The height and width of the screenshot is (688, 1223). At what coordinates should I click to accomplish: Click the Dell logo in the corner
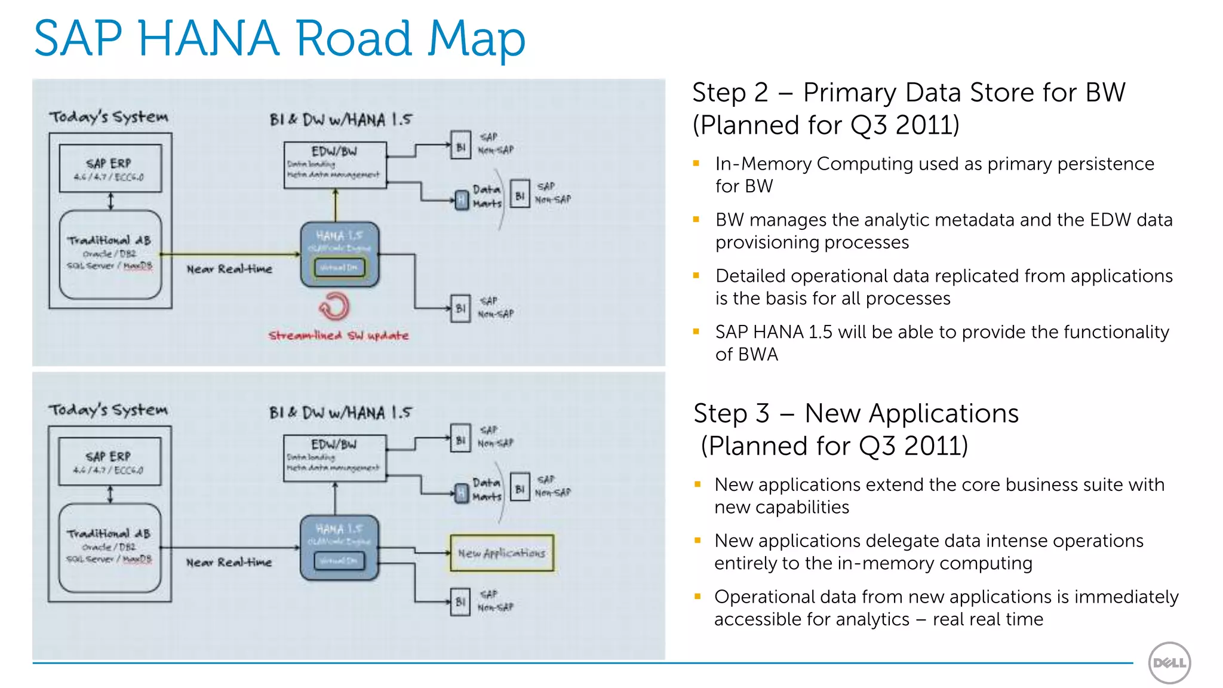pos(1169,662)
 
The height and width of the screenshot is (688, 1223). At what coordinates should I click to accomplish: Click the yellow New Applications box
pos(502,553)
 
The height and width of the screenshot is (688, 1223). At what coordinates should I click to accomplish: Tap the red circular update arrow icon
pos(334,306)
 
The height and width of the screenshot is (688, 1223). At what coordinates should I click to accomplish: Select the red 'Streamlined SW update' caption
pos(339,336)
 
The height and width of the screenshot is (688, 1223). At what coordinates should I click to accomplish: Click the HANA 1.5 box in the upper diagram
pos(339,254)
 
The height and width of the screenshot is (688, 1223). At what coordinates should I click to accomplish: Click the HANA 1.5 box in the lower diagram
pos(339,547)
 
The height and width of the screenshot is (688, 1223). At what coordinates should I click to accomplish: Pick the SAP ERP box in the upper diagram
pos(110,168)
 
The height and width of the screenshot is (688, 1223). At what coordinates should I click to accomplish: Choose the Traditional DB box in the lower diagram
pos(110,547)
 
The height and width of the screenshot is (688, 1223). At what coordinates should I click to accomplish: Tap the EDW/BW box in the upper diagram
pos(335,165)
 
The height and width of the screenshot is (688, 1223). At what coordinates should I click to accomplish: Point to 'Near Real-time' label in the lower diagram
pos(229,563)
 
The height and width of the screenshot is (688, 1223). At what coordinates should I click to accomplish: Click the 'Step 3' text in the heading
pos(732,414)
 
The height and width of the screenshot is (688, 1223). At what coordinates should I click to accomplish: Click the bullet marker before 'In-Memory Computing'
pos(696,163)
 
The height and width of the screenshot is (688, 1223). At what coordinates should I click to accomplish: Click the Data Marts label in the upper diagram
pos(487,196)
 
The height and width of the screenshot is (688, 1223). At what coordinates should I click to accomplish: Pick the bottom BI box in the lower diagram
pos(460,601)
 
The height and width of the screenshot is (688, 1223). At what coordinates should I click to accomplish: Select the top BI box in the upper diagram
pos(460,146)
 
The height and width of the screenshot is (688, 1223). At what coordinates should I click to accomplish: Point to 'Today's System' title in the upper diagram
pos(109,117)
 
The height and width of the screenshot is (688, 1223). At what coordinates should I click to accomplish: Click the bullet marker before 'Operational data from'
pos(697,596)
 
